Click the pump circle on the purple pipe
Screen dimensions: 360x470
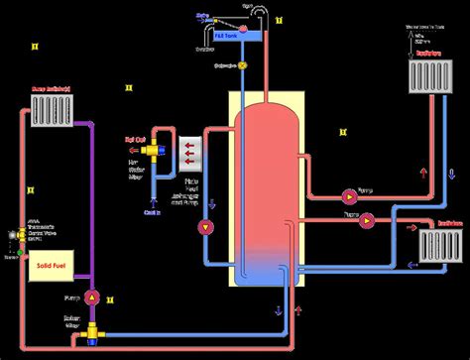point(90,297)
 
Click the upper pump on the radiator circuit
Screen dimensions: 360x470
point(350,194)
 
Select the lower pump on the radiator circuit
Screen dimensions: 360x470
point(368,220)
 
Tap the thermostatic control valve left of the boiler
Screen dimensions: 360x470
point(17,233)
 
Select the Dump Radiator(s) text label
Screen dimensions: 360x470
point(53,88)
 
